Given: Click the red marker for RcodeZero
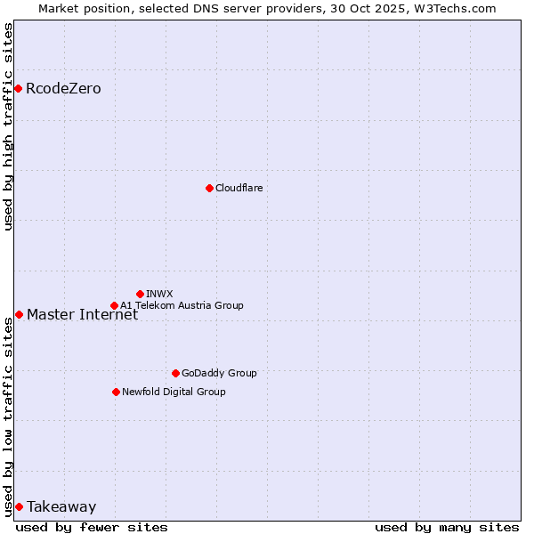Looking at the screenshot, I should coord(18,88).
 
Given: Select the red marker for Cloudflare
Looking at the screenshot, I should coord(209,188).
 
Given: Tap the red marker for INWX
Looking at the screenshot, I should coord(140,294).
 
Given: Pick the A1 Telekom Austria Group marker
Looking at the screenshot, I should coord(114,305).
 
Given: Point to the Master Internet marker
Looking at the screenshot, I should coord(19,314).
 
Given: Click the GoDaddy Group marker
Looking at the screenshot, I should coord(175,373).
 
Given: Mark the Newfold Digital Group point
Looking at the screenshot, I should coord(116,392).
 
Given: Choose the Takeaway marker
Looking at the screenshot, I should coord(19,506).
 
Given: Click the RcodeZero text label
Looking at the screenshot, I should coord(63,89).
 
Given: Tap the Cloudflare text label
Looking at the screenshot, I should coord(239,188).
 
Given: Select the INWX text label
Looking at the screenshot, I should coord(159,294).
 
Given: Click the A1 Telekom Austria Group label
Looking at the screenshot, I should coord(182,305).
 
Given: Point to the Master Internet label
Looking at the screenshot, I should coord(82,314).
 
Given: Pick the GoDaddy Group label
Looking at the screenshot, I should coord(219,373).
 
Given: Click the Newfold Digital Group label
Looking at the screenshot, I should coord(174,392).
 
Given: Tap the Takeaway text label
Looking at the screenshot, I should coord(61,507).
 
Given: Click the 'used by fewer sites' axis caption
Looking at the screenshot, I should coord(92,527).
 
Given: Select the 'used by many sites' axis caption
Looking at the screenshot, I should coord(447,527).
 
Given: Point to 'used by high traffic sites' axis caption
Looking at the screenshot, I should coord(8,127).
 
